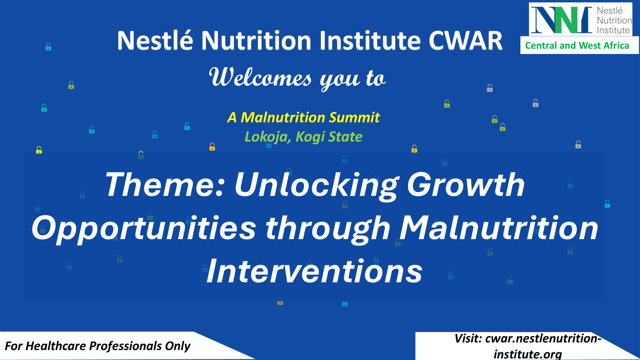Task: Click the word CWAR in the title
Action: click(466, 40)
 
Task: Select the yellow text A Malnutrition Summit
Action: click(304, 118)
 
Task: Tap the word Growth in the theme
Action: click(466, 185)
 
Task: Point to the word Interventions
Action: click(314, 271)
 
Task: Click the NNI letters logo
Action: click(561, 20)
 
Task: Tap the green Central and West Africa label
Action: click(577, 46)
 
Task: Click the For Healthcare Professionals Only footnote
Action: click(98, 346)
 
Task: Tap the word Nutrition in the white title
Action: click(256, 40)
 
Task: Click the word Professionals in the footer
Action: click(125, 346)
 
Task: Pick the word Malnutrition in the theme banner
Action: click(499, 228)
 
